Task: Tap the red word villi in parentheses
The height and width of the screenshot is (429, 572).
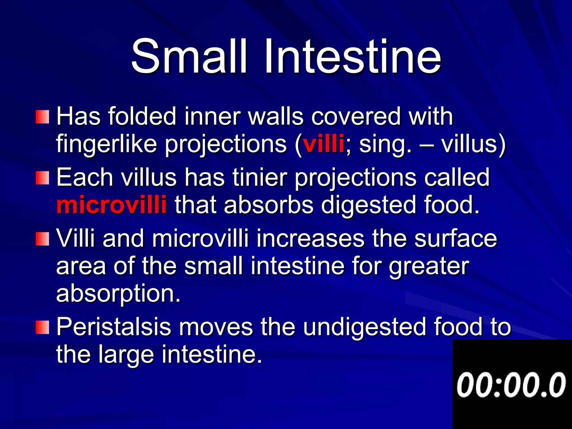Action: tap(323, 144)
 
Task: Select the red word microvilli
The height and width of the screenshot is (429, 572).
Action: tap(111, 205)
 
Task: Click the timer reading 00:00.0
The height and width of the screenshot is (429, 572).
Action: tap(511, 385)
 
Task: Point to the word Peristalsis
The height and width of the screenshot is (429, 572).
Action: tap(113, 327)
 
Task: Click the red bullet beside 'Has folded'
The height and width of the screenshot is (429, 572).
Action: tap(42, 117)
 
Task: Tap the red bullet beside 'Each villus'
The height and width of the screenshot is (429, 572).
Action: tap(42, 178)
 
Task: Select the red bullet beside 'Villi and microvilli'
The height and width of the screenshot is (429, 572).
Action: tap(42, 239)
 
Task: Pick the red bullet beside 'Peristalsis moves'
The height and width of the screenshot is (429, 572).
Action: tap(42, 327)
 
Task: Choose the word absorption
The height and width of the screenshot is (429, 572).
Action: tap(118, 294)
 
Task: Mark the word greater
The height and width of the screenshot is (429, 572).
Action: tap(429, 267)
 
